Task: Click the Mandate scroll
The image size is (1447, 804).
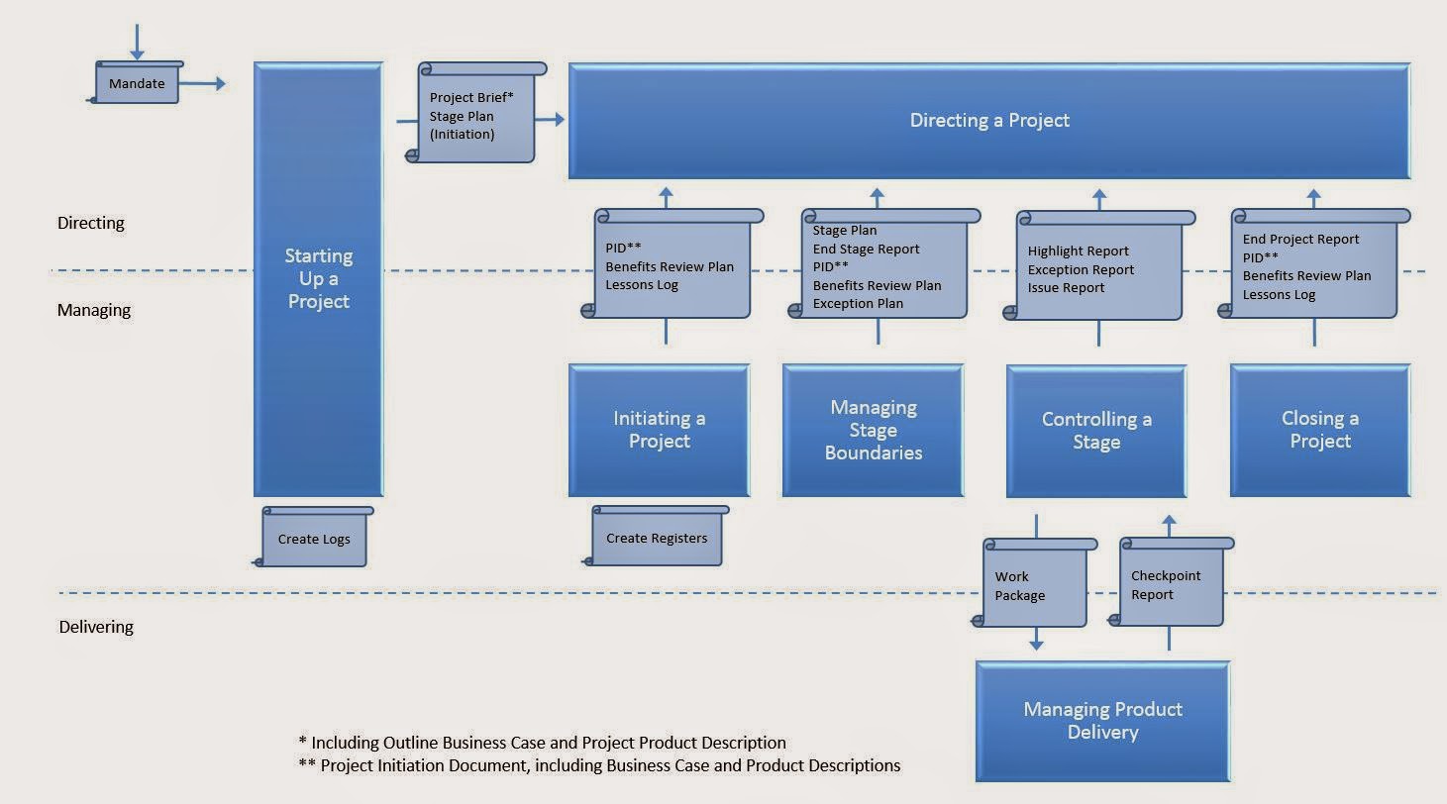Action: click(x=138, y=83)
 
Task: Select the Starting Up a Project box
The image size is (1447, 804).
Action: click(x=318, y=279)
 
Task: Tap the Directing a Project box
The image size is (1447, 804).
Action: click(x=988, y=121)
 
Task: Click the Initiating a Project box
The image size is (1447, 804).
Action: click(x=659, y=430)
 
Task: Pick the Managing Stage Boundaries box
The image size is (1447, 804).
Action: click(x=873, y=430)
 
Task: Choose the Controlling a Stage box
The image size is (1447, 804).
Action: click(x=1096, y=431)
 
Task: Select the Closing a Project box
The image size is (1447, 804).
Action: click(x=1319, y=430)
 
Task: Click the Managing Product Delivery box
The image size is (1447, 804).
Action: click(x=1102, y=721)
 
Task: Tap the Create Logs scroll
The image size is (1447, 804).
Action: click(x=314, y=539)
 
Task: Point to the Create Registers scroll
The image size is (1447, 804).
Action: click(x=657, y=538)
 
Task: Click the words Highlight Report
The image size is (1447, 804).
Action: click(x=1078, y=251)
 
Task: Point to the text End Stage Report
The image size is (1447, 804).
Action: click(x=866, y=250)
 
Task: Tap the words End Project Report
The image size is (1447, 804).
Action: click(x=1300, y=240)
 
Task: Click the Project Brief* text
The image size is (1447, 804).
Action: click(x=471, y=98)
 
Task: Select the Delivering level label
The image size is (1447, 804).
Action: click(x=96, y=627)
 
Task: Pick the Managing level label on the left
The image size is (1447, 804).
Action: click(x=94, y=310)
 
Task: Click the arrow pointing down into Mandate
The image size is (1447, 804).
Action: click(x=137, y=41)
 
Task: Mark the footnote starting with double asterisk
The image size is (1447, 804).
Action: click(x=599, y=765)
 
